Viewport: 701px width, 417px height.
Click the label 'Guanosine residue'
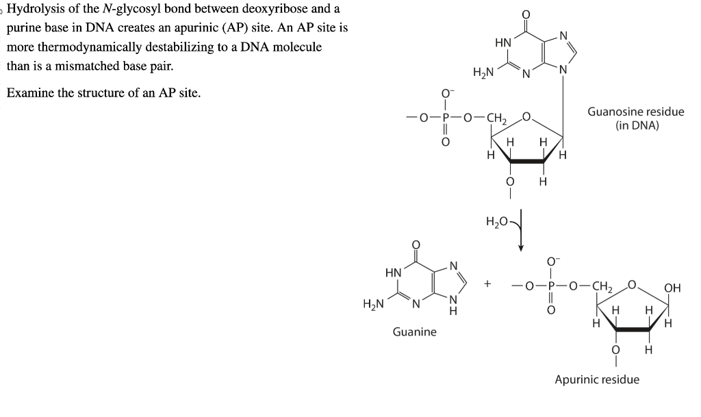(x=635, y=112)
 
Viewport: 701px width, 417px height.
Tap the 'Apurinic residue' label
(x=597, y=379)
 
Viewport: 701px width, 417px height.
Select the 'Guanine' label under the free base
(x=414, y=332)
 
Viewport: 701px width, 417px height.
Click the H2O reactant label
(x=497, y=220)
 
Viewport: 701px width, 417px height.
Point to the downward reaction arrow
(x=521, y=229)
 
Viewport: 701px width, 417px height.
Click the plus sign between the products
(x=487, y=282)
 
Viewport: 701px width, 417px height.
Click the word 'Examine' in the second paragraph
(x=30, y=93)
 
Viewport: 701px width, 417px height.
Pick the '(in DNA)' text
(x=637, y=125)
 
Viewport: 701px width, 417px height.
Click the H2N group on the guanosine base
(x=483, y=73)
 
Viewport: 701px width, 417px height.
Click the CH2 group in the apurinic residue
(x=602, y=286)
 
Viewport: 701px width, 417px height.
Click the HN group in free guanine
(x=394, y=273)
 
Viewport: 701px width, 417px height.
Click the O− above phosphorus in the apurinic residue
(x=552, y=260)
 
